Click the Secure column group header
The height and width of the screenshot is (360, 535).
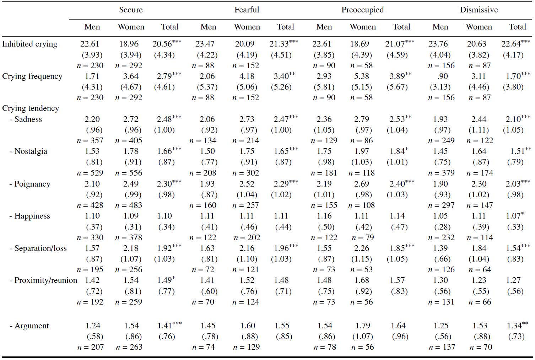pos(131,10)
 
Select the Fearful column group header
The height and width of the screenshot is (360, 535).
pos(247,10)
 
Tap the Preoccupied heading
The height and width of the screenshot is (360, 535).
pos(362,10)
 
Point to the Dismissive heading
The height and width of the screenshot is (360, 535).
pos(479,10)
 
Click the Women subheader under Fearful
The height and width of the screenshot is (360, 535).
pos(247,27)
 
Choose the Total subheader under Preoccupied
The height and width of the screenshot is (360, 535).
pos(401,27)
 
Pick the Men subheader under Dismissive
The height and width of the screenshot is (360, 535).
pos(440,27)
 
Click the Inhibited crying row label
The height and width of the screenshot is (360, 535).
pos(29,44)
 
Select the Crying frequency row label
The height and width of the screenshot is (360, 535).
pos(32,76)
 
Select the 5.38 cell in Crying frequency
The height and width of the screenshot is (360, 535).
pos(362,76)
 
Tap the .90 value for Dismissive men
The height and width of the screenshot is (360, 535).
pos(443,76)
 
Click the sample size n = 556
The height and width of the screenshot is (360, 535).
pos(129,173)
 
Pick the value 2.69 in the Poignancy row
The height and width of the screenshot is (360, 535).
pos(362,184)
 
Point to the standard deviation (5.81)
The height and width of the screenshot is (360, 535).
pos(324,87)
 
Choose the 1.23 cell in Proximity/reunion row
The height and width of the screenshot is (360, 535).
pos(479,280)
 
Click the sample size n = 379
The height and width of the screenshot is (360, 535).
pos(441,173)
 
